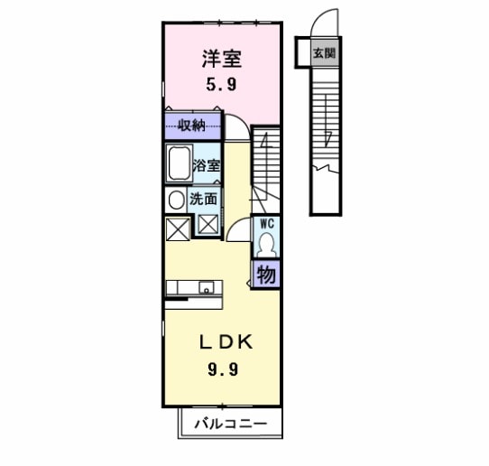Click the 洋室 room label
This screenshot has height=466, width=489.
220,61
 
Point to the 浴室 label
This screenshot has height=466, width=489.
208,165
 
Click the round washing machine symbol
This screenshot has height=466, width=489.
175,200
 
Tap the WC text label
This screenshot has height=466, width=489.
267,222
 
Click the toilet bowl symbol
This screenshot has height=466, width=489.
267,244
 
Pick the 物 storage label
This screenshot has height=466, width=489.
266,275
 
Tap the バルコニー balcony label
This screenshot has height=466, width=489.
230,424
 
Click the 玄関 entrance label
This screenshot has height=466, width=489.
324,53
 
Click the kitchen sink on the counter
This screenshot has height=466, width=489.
208,289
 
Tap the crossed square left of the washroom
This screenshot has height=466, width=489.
177,228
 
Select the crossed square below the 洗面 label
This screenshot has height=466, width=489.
208,226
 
